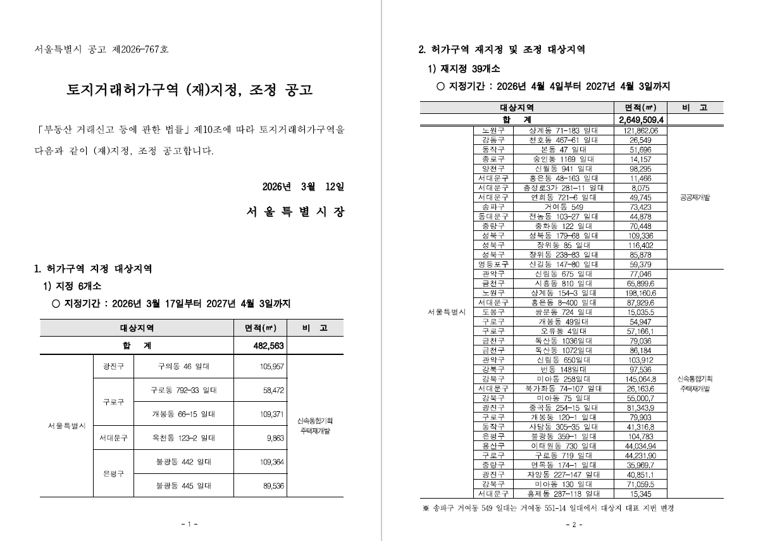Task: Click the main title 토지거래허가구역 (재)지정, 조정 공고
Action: pos(190,90)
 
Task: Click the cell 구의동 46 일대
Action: pos(183,366)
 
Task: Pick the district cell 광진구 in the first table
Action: pos(113,366)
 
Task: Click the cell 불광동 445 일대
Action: pos(183,486)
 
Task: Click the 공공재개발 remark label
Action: pos(695,197)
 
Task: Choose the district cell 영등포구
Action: pos(493,264)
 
